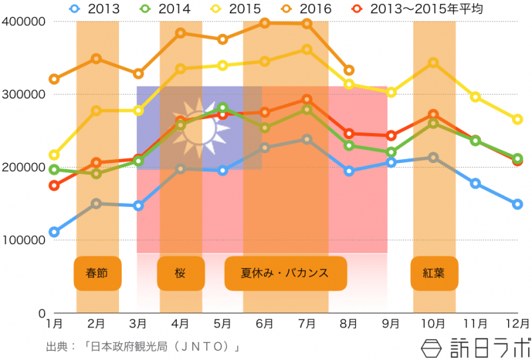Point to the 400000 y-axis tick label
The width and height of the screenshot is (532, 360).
point(23,21)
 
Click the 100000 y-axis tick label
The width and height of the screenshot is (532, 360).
point(23,240)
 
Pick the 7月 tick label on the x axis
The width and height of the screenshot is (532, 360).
point(307,324)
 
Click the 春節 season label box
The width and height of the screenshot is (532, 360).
point(97,273)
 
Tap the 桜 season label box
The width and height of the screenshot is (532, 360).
point(180,273)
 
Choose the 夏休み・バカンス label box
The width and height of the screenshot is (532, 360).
point(285,273)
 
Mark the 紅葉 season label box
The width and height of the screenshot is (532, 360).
point(434,273)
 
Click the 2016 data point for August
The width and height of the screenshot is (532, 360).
point(348,70)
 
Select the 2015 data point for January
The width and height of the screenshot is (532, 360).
point(55,155)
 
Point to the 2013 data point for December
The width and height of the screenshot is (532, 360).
point(517,204)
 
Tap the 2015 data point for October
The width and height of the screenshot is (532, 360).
point(433,63)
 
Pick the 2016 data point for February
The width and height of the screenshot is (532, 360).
point(96,59)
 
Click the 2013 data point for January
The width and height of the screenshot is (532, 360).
point(55,232)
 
